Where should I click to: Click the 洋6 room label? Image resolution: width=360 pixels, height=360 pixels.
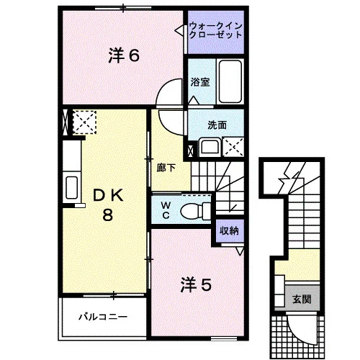point(124,55)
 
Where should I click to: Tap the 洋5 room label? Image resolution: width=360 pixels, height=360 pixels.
point(196,285)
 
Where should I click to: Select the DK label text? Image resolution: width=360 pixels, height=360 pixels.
point(108,195)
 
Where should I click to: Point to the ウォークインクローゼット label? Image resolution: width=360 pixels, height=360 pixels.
point(215,31)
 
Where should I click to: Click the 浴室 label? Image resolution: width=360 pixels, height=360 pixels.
point(200,82)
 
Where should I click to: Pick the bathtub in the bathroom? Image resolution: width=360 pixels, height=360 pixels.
point(230,81)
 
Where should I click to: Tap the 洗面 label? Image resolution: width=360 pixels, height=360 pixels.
point(217,125)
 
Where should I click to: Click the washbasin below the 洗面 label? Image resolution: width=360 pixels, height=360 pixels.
point(210,147)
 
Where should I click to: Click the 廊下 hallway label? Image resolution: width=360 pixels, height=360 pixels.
point(166,168)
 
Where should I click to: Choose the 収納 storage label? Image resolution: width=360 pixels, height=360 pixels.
point(230,230)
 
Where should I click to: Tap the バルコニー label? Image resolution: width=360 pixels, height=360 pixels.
point(103,317)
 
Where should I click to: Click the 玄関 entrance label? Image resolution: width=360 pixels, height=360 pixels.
point(302,300)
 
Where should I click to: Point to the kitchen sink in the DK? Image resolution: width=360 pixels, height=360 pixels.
point(71,187)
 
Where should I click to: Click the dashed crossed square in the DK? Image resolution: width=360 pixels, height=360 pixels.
point(84,122)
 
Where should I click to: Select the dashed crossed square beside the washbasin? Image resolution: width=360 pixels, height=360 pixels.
point(233,147)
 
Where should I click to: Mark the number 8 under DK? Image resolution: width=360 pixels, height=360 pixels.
point(108,215)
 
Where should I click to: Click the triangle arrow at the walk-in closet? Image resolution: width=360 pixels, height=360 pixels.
point(180,30)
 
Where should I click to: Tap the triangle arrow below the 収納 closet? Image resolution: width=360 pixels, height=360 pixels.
point(240,251)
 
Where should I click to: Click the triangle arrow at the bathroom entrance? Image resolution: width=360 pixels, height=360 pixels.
point(194,100)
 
